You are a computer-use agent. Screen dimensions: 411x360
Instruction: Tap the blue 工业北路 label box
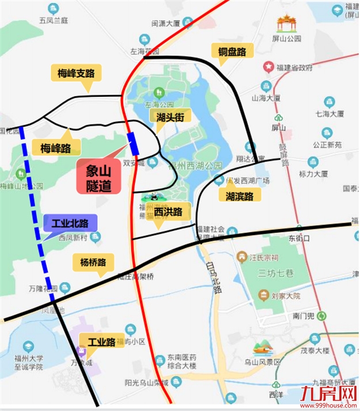(70, 223)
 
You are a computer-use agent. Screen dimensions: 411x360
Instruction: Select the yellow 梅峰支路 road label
(79, 73)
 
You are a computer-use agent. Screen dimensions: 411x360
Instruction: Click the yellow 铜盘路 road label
(232, 52)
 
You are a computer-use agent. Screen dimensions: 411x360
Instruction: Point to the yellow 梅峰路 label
(55, 148)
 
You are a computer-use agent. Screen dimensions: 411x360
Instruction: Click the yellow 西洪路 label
(168, 212)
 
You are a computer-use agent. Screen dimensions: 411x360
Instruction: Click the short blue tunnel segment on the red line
(134, 143)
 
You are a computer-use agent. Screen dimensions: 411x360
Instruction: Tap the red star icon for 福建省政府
(268, 67)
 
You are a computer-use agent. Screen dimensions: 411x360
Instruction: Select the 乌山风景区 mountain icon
(262, 347)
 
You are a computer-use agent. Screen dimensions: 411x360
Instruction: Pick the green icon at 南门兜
(322, 315)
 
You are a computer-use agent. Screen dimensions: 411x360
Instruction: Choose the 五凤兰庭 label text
(54, 20)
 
